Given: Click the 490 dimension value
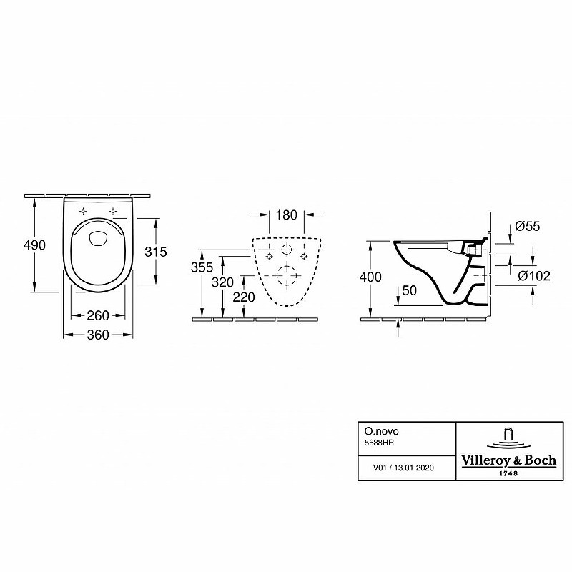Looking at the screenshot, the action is (34, 245).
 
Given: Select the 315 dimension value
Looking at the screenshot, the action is (156, 252).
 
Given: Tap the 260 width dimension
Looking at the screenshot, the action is (98, 315).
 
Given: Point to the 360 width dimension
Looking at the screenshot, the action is (98, 335).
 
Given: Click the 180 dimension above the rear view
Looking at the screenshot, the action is (287, 215).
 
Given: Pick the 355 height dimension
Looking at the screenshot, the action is (202, 267).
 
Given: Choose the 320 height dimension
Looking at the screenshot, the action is (222, 282).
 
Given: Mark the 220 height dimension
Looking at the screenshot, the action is (244, 297).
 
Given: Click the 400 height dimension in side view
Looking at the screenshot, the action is (370, 277).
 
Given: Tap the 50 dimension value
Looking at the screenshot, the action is (409, 291).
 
